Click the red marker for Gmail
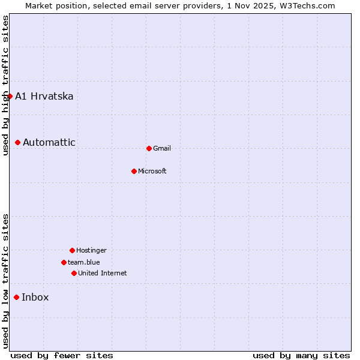coord(149,148)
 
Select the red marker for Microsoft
coord(134,171)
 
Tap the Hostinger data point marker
coord(72,250)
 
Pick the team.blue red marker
coord(64,262)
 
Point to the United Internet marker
coord(74,273)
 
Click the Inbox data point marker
coord(16,297)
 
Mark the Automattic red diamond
coord(17,142)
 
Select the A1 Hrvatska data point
coord(10,96)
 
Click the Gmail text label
coord(162,148)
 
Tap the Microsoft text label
coord(152,171)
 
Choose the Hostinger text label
coord(91,250)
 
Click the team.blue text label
coord(84,262)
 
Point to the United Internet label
coord(103,273)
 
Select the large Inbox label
coord(35,297)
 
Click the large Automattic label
coord(49,142)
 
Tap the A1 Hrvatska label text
coord(44,96)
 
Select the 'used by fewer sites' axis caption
coord(62,355)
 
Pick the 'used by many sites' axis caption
coord(301,355)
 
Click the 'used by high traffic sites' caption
coord(5,85)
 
